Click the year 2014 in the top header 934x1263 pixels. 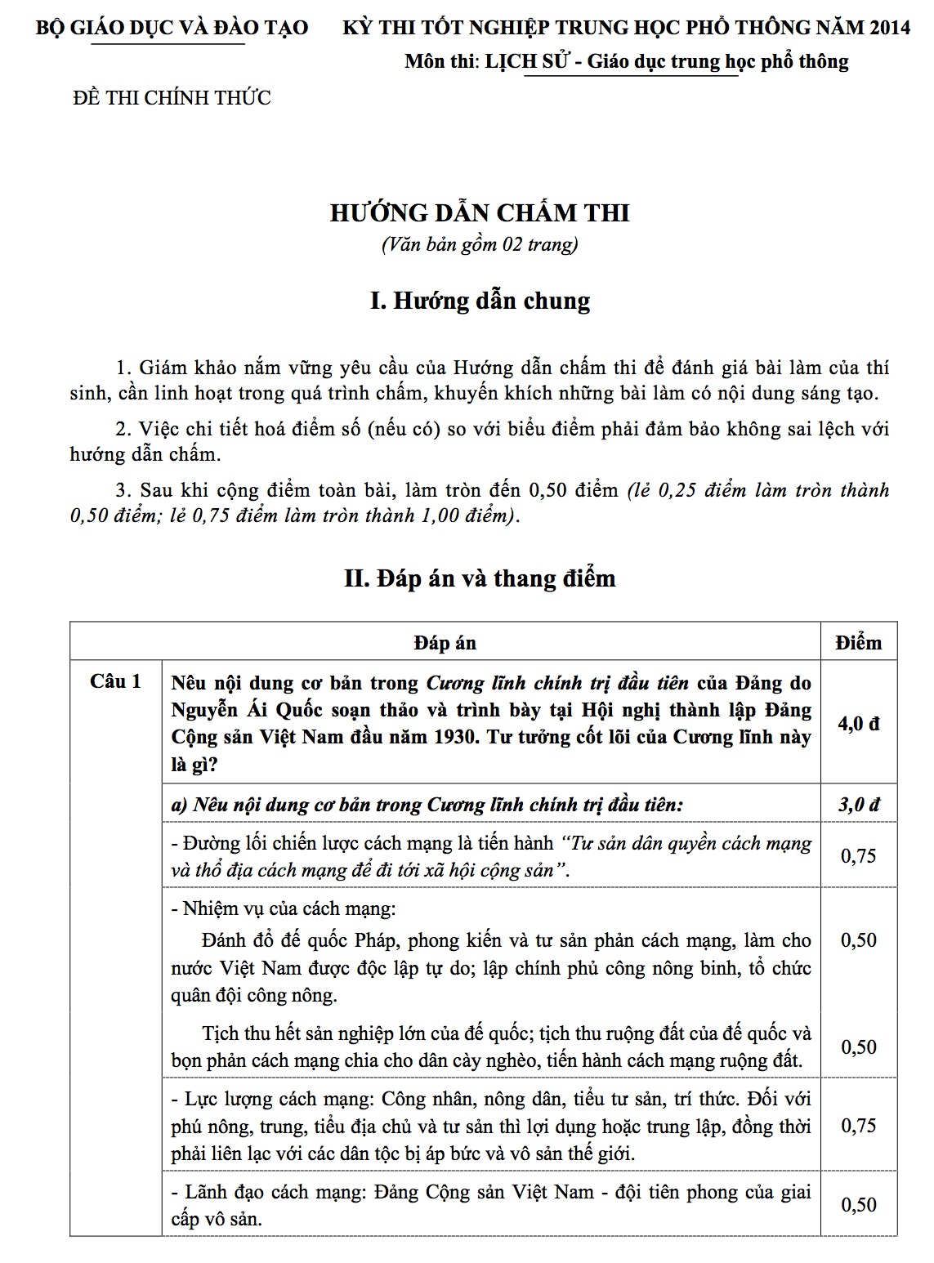coord(890,27)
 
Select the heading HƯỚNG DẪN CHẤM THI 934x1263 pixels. coord(479,213)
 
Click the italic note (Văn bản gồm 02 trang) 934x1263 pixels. coord(479,244)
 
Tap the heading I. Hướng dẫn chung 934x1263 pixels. coord(479,301)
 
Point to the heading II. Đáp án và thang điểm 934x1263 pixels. coord(479,578)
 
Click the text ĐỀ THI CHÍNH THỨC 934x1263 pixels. coord(172,98)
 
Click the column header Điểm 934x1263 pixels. coord(858,642)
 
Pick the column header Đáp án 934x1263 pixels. coord(445,642)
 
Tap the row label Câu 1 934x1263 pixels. coord(115,681)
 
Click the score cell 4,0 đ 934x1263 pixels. coord(858,723)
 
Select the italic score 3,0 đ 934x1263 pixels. coord(858,805)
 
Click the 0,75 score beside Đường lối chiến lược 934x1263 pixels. coord(858,855)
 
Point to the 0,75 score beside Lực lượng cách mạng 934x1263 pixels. coord(858,1125)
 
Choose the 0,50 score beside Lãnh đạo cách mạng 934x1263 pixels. coord(858,1204)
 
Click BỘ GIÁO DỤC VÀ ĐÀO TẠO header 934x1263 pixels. coord(172,27)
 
